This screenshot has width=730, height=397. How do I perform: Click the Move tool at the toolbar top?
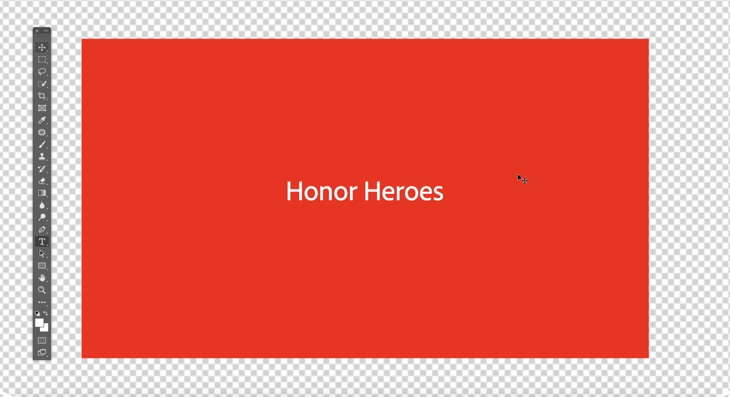(x=42, y=47)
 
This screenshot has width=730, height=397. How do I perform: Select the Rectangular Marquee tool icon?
(x=42, y=59)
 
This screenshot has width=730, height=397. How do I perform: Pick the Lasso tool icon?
(x=42, y=72)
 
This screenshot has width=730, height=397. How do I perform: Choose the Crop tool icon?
(x=42, y=96)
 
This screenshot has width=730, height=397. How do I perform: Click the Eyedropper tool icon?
(x=42, y=120)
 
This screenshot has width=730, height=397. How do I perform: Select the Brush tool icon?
(x=42, y=145)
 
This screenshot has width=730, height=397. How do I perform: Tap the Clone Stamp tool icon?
(x=42, y=156)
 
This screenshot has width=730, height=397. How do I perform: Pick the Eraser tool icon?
(x=42, y=181)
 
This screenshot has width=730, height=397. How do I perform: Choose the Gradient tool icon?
(x=42, y=193)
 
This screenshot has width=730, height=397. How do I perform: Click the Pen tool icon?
(x=42, y=229)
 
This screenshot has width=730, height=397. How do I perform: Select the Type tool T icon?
(x=42, y=242)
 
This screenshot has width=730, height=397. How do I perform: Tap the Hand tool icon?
(x=42, y=278)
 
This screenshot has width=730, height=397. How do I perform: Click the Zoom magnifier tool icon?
(x=42, y=290)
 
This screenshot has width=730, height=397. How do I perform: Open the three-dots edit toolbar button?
(x=42, y=302)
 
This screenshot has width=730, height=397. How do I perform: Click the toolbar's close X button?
(x=37, y=31)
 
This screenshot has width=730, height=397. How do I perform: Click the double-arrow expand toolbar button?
(x=46, y=31)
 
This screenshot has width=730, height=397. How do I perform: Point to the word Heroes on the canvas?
(x=403, y=191)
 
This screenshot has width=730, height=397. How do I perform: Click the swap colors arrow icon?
(x=46, y=313)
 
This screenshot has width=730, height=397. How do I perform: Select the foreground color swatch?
(x=39, y=323)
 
